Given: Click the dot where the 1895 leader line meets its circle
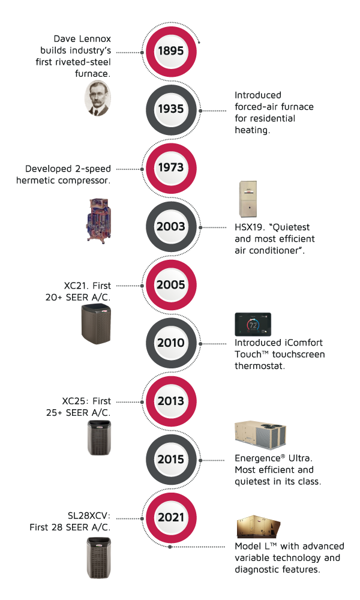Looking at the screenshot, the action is [142, 52].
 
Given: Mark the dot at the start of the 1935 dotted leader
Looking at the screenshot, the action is [200, 110].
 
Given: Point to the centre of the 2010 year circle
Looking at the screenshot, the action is [171, 343].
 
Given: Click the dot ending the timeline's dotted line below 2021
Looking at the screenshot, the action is [170, 547].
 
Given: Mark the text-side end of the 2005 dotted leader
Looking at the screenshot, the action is [116, 286].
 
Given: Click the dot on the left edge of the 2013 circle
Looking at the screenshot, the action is [142, 402].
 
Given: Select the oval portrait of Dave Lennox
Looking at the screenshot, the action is [98, 98].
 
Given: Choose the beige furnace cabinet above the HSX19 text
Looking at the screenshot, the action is [248, 199].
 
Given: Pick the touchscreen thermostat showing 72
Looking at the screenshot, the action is [253, 325].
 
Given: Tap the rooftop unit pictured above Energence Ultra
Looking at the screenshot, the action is [260, 434].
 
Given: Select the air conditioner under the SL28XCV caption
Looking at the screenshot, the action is [99, 557].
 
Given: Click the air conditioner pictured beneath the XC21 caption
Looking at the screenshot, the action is [96, 324].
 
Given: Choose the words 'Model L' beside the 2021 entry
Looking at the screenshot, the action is [253, 546].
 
